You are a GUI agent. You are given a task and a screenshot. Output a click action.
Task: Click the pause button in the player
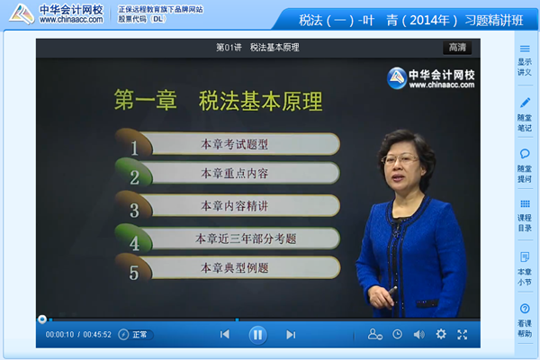(x=257, y=334)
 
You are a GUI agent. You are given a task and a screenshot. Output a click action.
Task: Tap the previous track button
(x=225, y=334)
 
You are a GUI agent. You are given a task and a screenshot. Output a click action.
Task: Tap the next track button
(x=290, y=334)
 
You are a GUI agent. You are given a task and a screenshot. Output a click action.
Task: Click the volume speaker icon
(x=418, y=334)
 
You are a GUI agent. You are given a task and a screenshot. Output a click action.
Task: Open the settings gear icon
(x=441, y=334)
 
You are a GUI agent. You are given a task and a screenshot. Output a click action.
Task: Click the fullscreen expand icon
(x=463, y=334)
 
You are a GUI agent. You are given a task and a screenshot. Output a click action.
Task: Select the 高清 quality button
(x=456, y=47)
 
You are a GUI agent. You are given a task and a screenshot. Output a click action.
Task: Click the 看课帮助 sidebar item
(x=525, y=319)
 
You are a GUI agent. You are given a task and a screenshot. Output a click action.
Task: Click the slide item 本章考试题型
(x=233, y=144)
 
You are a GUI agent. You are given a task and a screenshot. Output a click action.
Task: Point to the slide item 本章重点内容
(x=233, y=173)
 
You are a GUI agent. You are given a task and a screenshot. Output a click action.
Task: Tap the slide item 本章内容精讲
(x=233, y=206)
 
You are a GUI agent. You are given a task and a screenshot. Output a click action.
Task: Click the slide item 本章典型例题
(x=233, y=267)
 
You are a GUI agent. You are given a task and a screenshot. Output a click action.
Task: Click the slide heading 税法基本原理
(x=261, y=100)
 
